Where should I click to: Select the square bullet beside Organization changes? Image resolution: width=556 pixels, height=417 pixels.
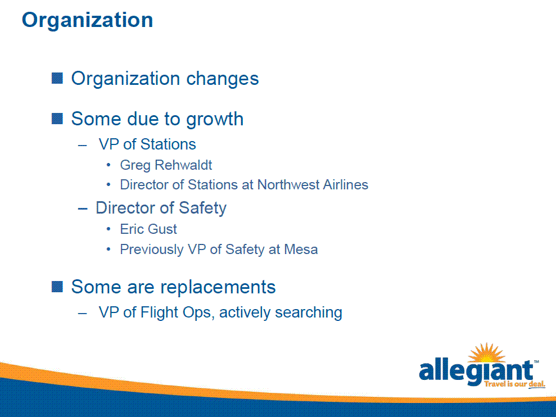tap(57, 78)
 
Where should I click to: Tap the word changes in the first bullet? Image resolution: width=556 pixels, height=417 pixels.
tap(222, 79)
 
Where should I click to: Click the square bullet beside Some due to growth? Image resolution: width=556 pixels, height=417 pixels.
tap(57, 119)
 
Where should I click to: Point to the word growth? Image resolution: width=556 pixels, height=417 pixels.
tap(215, 120)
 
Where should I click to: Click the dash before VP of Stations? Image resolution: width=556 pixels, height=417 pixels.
tap(82, 145)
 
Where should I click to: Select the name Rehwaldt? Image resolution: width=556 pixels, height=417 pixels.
tap(183, 165)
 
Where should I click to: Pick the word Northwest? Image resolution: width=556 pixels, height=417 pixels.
tap(283, 185)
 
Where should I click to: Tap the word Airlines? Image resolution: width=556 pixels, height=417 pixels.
tap(341, 185)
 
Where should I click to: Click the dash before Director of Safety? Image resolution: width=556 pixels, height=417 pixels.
tap(83, 209)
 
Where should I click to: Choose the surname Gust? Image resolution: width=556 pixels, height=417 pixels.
tap(163, 229)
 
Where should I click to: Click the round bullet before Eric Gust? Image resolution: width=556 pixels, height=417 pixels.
tap(109, 229)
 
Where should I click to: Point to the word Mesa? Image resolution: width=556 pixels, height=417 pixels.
tap(301, 250)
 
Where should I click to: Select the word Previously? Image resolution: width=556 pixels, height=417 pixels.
tap(152, 250)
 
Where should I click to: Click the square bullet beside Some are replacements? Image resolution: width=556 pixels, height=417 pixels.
tap(57, 287)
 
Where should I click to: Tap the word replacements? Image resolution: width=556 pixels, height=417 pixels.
tap(218, 288)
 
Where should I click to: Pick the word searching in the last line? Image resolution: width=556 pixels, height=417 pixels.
tap(309, 312)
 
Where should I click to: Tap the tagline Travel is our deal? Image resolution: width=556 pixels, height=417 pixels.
tap(514, 384)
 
